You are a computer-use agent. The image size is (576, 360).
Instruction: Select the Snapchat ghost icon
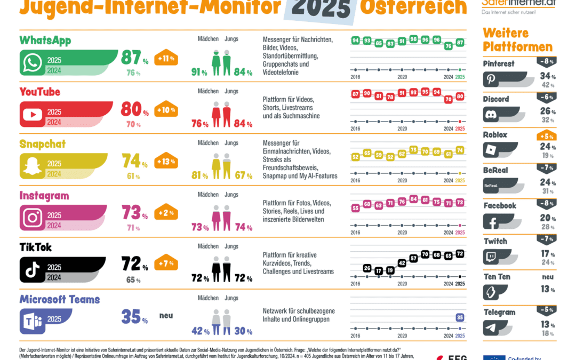(x=32, y=166)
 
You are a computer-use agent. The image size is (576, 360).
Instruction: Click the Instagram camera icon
(x=32, y=218)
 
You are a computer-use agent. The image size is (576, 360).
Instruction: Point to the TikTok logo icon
(x=32, y=270)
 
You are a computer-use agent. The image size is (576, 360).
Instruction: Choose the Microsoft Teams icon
(x=32, y=322)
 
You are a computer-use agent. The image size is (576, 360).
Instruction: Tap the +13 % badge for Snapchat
(x=166, y=162)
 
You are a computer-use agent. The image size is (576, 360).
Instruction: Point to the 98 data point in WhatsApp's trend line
(x=413, y=39)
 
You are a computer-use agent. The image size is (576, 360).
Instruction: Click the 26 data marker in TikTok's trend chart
(x=367, y=268)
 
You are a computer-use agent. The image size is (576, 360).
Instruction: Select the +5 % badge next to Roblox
(x=547, y=136)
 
